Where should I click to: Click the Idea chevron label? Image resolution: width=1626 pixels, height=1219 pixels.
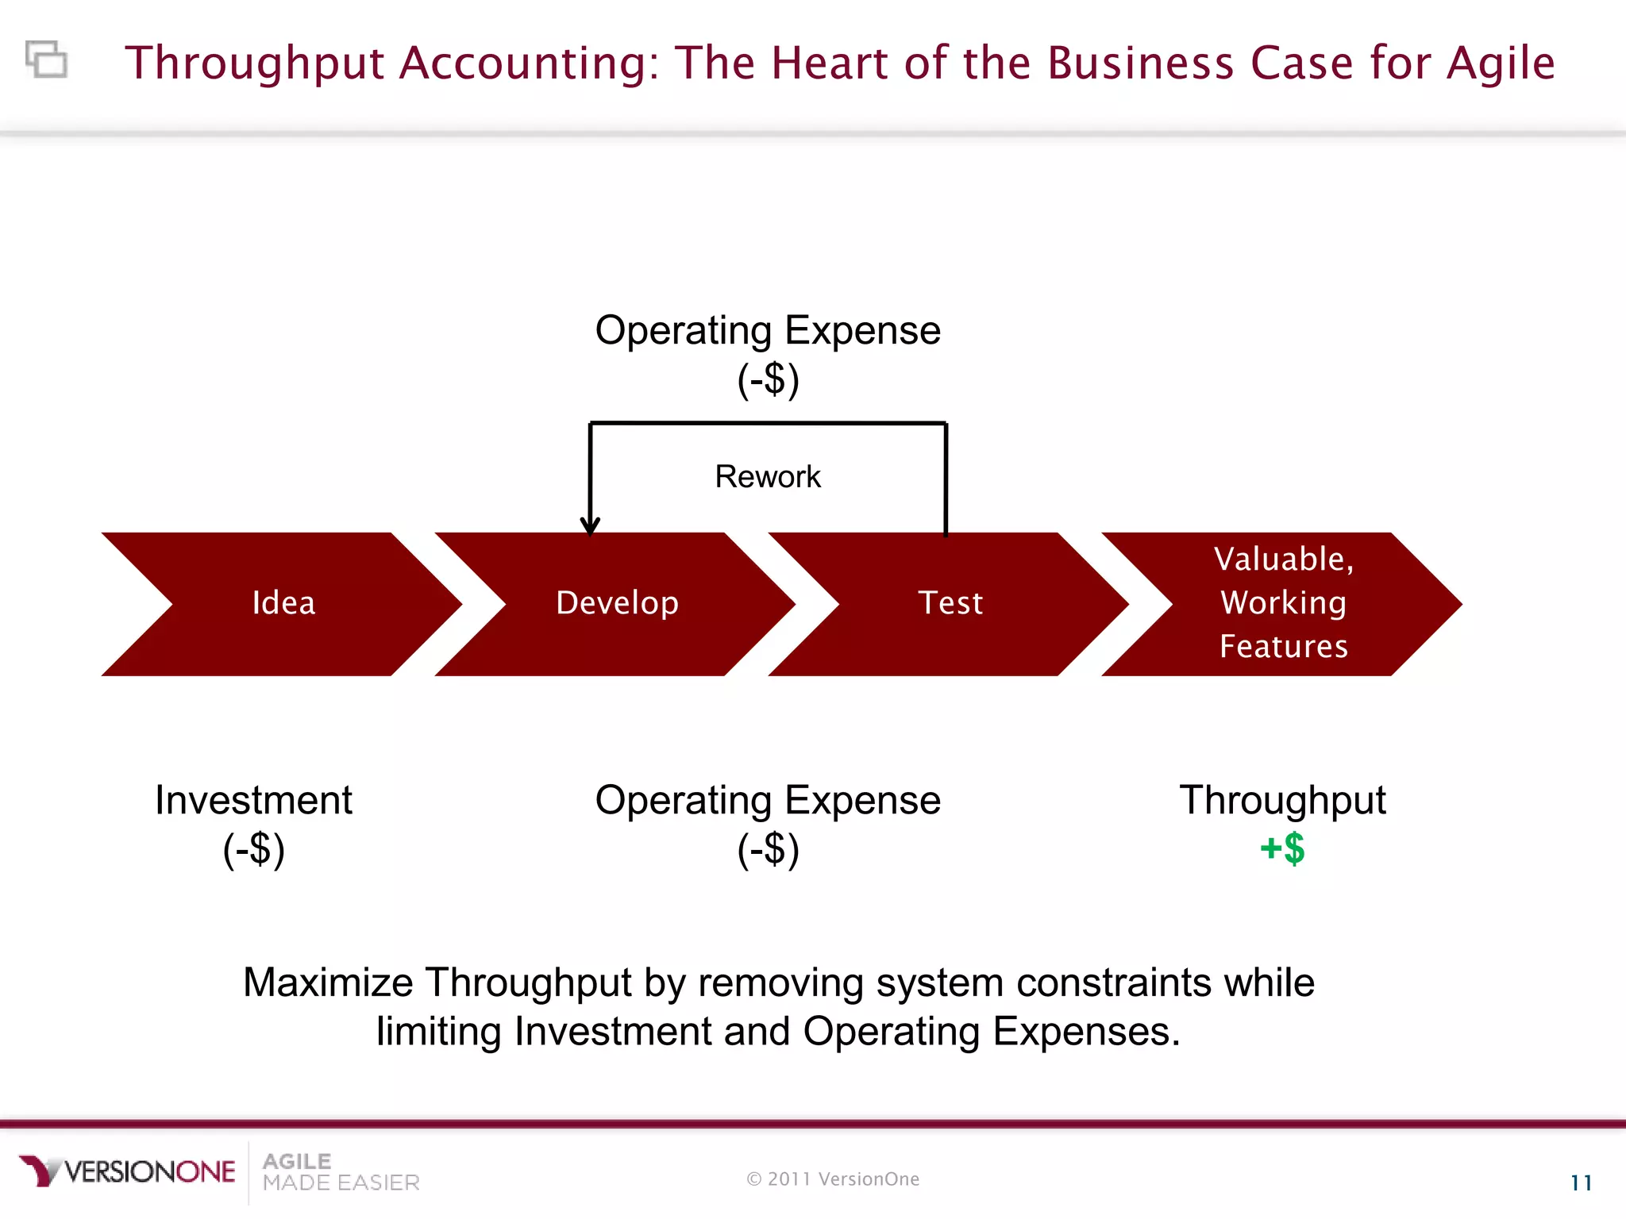(283, 603)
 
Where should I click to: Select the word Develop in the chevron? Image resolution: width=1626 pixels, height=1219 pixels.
(617, 603)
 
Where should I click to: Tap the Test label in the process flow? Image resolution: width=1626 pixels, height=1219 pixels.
(950, 603)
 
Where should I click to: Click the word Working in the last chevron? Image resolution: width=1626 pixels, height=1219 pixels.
(1283, 603)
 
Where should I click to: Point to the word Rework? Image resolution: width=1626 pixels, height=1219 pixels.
(768, 477)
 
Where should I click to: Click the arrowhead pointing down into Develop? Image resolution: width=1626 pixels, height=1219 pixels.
(590, 525)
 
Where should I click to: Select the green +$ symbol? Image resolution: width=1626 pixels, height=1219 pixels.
(1282, 848)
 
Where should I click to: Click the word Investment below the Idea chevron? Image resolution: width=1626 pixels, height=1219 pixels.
(253, 800)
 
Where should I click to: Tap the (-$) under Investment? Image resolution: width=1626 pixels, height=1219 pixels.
(253, 850)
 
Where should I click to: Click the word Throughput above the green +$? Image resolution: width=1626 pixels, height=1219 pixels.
(1282, 800)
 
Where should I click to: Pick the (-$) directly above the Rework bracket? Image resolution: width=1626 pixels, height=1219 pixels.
(768, 379)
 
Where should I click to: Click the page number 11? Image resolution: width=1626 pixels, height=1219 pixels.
(1581, 1183)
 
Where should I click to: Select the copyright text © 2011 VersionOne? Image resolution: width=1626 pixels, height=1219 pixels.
(833, 1179)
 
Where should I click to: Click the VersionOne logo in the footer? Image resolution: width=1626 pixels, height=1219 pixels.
(128, 1171)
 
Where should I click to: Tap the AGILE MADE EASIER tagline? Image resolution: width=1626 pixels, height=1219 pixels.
(341, 1172)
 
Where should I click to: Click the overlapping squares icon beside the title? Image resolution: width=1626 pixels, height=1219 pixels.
(47, 60)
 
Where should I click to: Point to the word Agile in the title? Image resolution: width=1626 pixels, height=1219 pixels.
(1501, 63)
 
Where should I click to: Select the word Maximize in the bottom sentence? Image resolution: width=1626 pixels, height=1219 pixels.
(328, 983)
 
